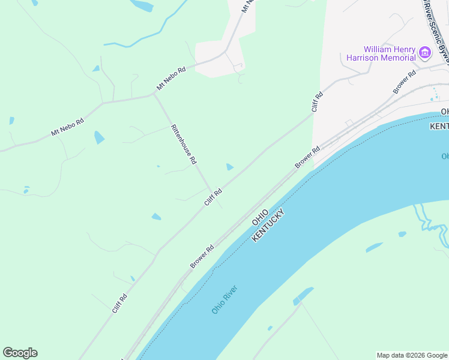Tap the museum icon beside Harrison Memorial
click(425, 53)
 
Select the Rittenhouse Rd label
click(184, 145)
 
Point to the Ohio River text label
click(224, 299)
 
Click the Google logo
click(20, 353)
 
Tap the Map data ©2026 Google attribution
click(412, 355)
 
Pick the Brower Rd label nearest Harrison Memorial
click(404, 82)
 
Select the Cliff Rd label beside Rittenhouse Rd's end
click(213, 197)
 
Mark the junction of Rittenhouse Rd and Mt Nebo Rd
click(154, 94)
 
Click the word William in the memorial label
click(377, 49)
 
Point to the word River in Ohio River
click(230, 294)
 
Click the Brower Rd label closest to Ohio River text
click(202, 256)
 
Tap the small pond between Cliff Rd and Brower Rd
click(229, 167)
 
